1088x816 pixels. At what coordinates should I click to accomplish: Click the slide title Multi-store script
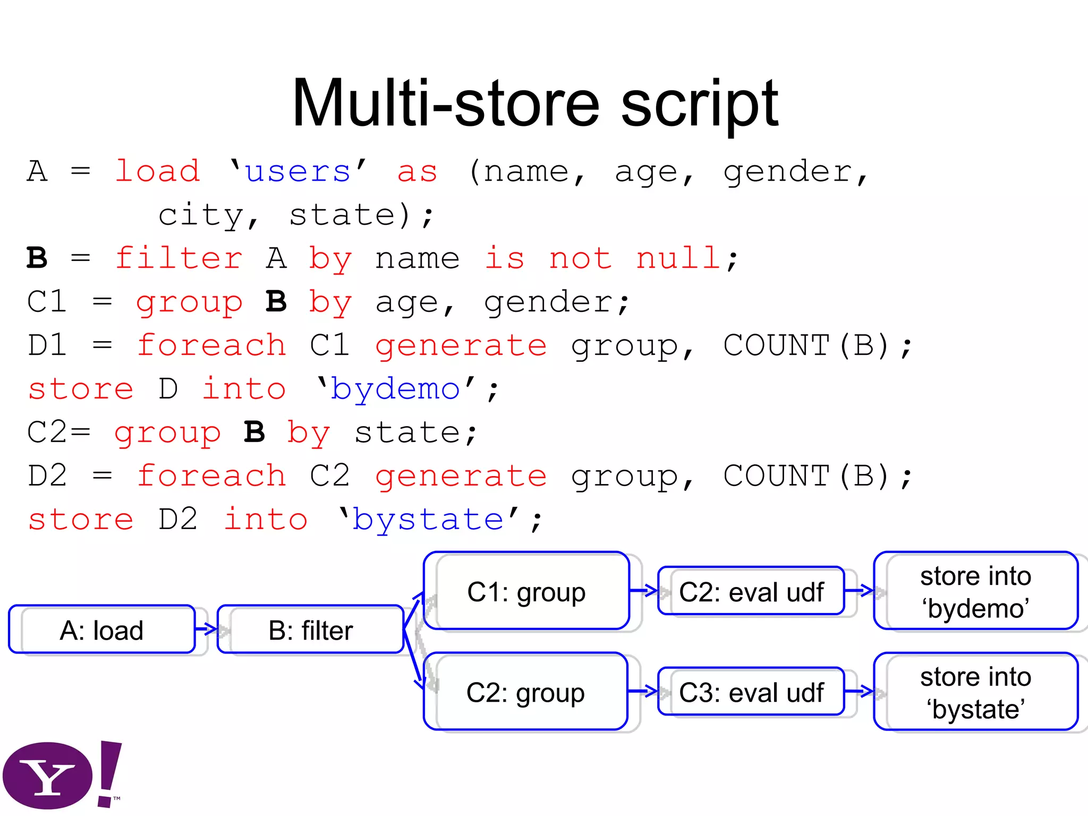(x=535, y=104)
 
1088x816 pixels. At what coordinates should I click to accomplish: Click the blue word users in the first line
(x=298, y=172)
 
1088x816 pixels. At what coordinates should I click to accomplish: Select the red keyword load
(x=158, y=172)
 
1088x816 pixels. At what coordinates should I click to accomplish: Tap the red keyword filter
(x=179, y=259)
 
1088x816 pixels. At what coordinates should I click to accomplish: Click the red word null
(x=678, y=259)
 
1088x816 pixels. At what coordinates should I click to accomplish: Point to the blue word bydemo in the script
(x=395, y=389)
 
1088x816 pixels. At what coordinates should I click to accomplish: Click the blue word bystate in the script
(x=428, y=520)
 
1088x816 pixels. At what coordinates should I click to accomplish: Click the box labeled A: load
(x=102, y=630)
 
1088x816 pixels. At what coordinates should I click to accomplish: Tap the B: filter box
(x=311, y=630)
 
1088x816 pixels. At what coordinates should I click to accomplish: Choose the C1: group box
(x=526, y=591)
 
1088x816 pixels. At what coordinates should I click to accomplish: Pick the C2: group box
(x=525, y=692)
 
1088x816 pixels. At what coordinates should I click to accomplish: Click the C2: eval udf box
(x=751, y=591)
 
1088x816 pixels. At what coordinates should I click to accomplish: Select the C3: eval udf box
(x=751, y=692)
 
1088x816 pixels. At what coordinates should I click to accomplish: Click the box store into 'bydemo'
(x=975, y=591)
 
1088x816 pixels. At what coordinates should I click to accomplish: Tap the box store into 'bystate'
(x=975, y=692)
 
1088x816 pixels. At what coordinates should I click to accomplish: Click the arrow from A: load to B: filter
(x=207, y=630)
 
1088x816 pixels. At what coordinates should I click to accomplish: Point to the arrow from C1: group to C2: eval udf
(x=644, y=590)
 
